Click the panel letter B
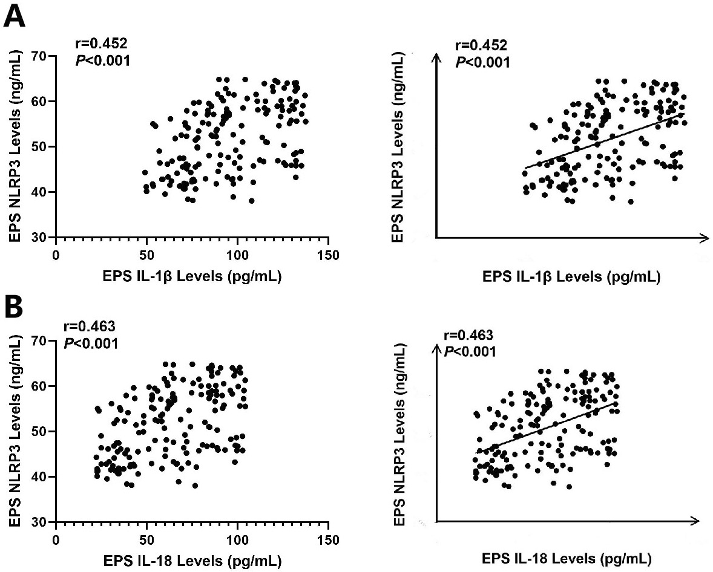point(14,309)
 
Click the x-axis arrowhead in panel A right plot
point(703,238)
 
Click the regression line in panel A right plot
point(605,141)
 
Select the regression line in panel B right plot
point(545,427)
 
